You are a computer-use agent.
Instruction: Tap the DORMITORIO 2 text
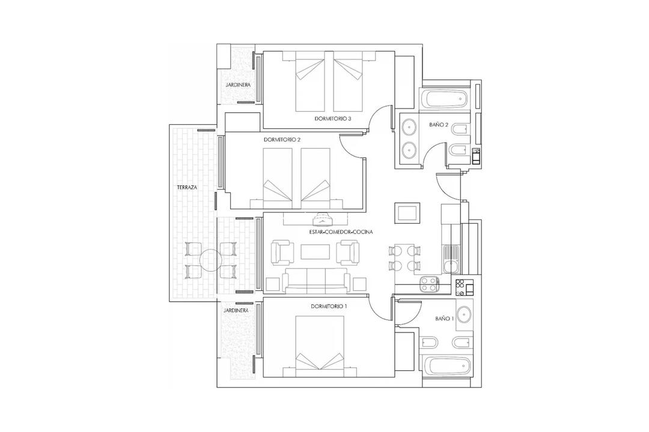282,140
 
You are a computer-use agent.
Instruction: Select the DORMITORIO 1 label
329,306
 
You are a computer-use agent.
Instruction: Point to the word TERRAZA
186,188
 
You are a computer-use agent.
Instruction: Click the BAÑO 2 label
439,125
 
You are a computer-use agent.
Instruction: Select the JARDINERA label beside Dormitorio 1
236,311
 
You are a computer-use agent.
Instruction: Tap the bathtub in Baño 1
445,365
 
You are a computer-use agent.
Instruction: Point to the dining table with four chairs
404,257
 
